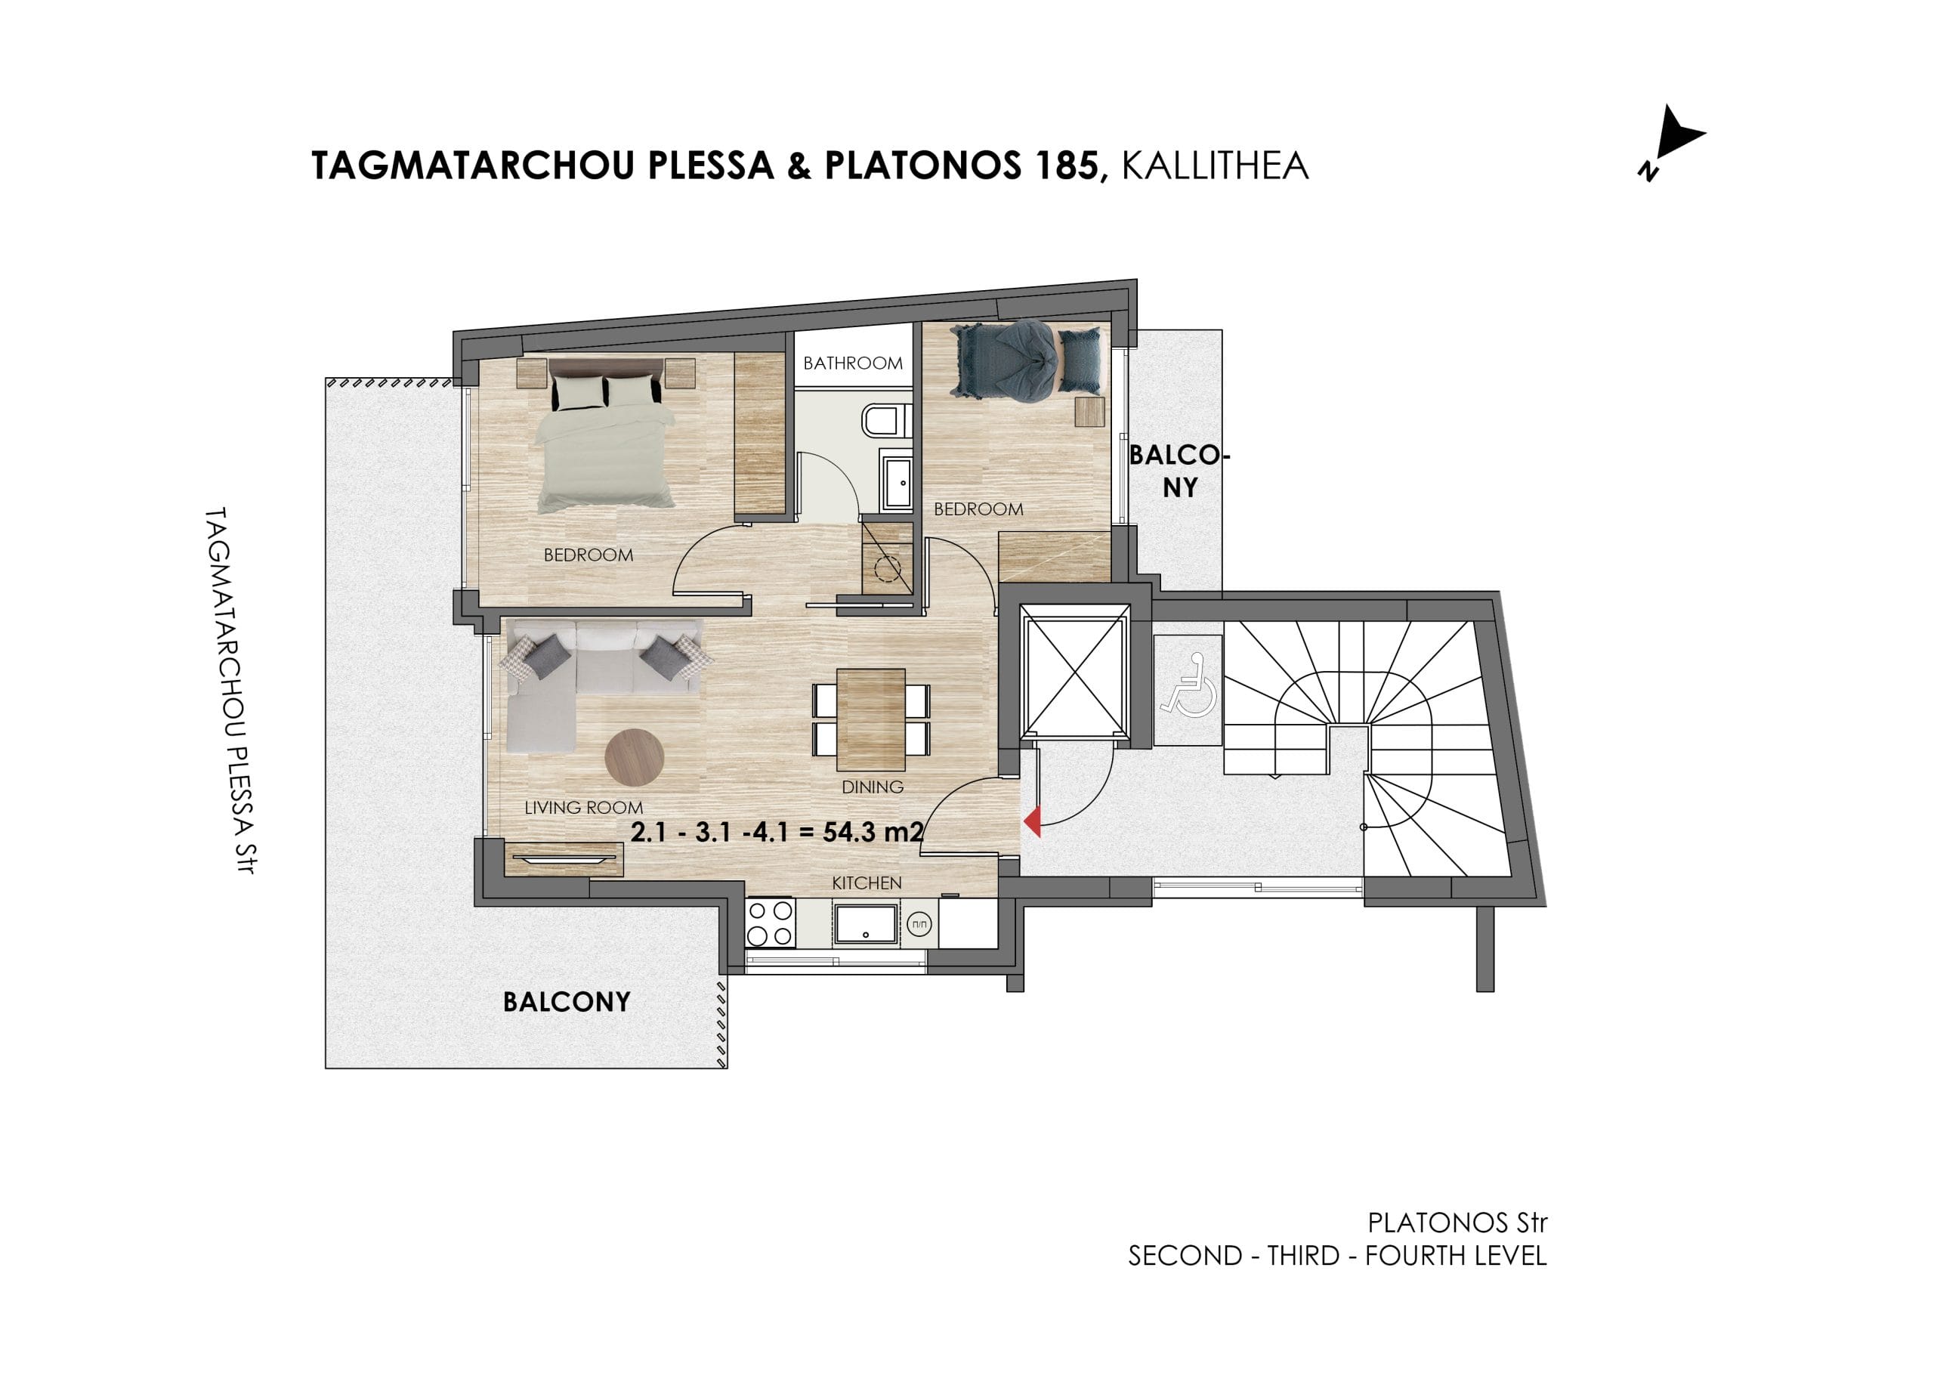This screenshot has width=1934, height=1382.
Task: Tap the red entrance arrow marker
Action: (x=1032, y=822)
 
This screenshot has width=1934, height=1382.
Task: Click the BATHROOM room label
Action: (x=853, y=363)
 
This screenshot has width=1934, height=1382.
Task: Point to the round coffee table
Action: (x=634, y=756)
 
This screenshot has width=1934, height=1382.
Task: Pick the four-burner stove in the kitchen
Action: (x=770, y=923)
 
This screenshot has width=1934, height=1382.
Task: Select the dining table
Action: (x=870, y=719)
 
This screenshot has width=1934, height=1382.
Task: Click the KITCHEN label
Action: (x=867, y=883)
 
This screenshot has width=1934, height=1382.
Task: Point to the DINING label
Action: (x=872, y=787)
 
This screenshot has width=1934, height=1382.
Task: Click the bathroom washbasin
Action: (x=897, y=483)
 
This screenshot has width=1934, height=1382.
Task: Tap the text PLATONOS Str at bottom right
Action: (x=1457, y=1223)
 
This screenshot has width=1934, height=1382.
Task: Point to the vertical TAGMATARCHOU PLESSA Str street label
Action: (x=230, y=690)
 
